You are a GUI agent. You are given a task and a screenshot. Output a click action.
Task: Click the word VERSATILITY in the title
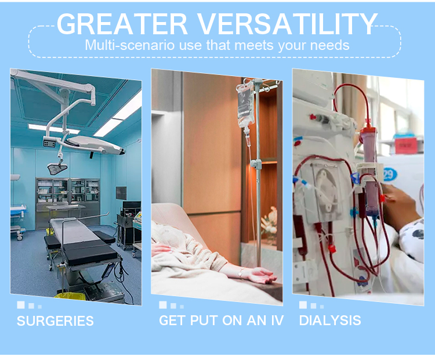288,24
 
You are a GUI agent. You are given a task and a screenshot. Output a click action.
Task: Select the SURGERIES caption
55,321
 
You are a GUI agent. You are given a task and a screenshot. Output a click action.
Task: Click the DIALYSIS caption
330,321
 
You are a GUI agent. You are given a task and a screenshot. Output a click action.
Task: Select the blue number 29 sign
389,174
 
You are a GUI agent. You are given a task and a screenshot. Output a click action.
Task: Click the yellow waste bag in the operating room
70,296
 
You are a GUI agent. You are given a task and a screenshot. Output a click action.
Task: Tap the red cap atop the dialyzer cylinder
368,130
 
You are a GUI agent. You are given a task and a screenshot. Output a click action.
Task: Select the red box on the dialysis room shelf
405,145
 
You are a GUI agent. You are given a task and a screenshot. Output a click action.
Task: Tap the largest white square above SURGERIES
21,305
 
